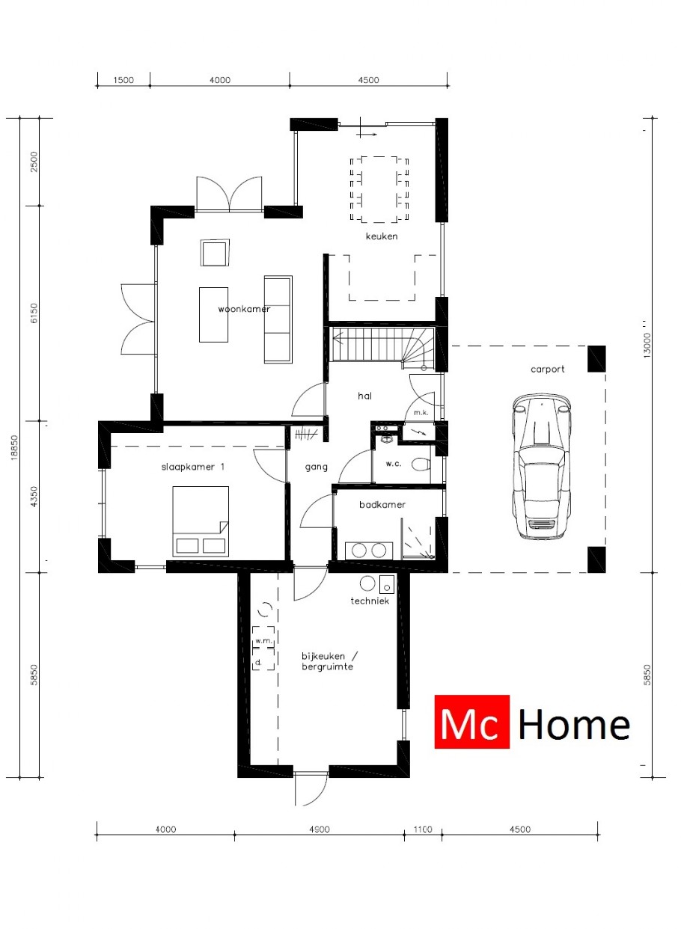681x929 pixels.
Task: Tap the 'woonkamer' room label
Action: [x=244, y=308]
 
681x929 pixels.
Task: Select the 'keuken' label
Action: [x=381, y=236]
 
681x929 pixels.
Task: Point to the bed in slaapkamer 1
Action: [x=200, y=520]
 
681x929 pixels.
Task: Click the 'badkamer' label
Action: [x=382, y=505]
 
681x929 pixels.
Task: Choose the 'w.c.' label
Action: [x=394, y=464]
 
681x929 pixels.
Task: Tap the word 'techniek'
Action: [x=370, y=601]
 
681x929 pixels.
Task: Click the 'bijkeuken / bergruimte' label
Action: [x=328, y=660]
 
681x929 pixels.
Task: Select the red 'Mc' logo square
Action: [x=471, y=722]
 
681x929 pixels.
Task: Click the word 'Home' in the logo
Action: [x=574, y=724]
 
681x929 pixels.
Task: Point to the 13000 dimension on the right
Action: [x=648, y=345]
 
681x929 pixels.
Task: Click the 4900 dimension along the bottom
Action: [x=320, y=829]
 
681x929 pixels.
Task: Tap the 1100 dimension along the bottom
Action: [x=424, y=829]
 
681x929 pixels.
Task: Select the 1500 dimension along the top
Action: [x=123, y=80]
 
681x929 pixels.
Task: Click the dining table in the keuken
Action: [x=380, y=188]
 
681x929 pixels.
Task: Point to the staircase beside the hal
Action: [x=379, y=345]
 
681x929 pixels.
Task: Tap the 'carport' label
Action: [x=548, y=369]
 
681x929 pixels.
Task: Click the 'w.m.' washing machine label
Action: [x=262, y=642]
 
